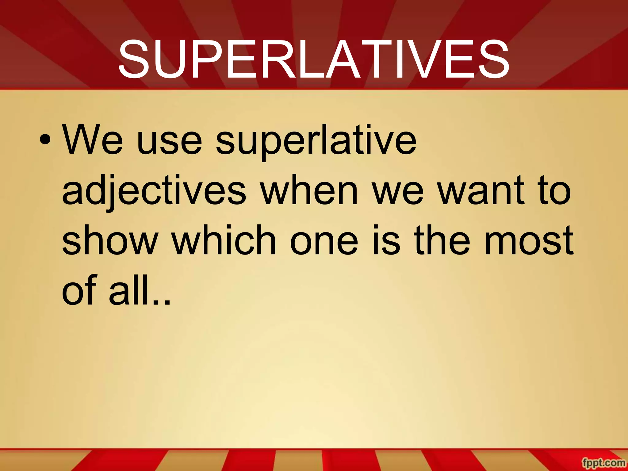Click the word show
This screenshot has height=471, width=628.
(x=110, y=241)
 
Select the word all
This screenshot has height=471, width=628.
(x=129, y=290)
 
